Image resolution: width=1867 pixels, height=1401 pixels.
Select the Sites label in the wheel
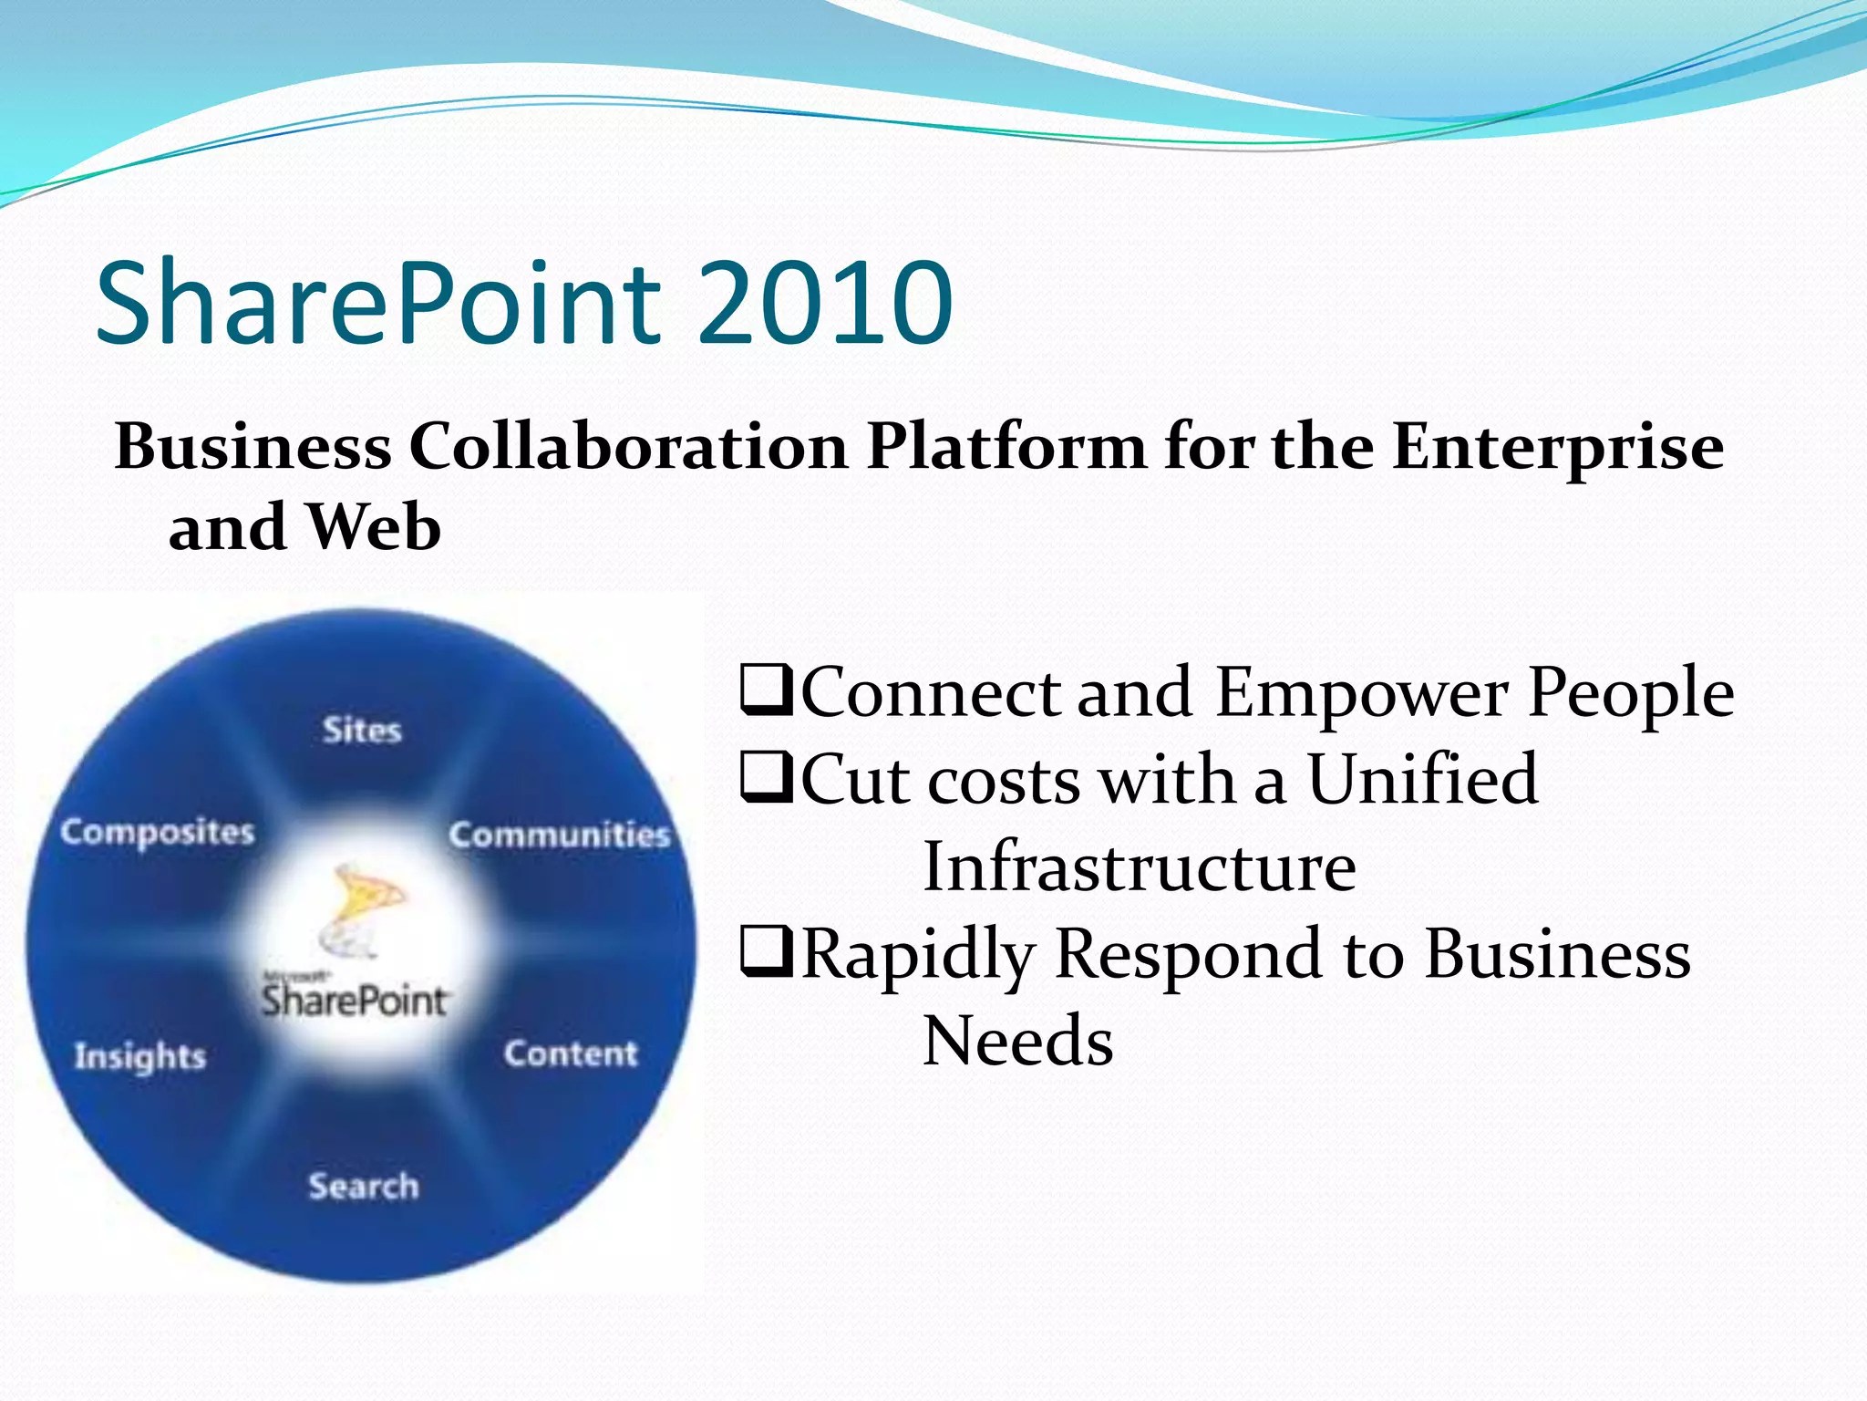362,730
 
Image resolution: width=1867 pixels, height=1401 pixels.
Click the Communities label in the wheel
559,835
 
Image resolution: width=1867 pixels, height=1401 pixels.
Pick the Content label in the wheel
571,1053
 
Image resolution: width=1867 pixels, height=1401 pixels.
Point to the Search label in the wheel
364,1186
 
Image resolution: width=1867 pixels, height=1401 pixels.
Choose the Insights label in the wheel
140,1056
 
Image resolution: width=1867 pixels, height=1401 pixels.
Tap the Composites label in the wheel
158,832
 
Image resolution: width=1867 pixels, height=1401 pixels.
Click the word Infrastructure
1140,867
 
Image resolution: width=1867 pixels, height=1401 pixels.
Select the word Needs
1018,1041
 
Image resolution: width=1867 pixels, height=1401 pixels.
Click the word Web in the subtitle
373,527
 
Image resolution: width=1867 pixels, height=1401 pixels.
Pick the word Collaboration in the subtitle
628,447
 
